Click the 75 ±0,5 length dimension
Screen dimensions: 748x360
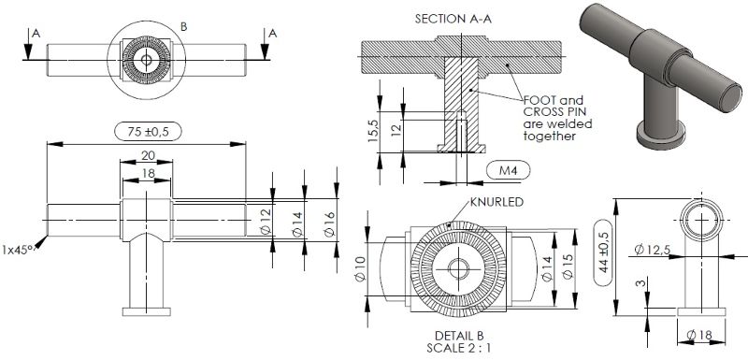148,132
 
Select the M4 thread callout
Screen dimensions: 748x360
508,170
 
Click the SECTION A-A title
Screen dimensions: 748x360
453,19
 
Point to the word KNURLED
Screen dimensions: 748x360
496,202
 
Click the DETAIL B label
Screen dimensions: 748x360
459,336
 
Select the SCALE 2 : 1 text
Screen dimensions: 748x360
459,348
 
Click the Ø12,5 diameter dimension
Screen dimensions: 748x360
652,249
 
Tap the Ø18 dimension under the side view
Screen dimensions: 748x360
699,335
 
